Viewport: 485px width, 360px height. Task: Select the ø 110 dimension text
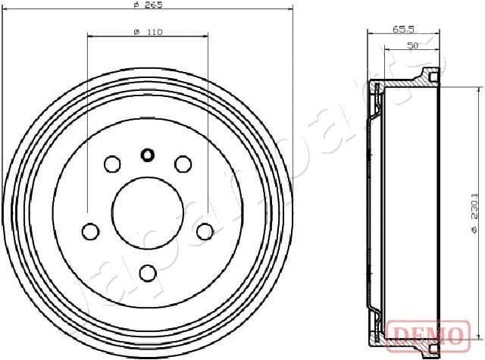(148, 32)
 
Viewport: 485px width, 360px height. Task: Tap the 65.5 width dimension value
(402, 29)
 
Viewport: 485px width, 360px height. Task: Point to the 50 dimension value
(412, 45)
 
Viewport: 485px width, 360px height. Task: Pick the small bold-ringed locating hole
(148, 155)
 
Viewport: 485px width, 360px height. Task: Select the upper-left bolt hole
(112, 164)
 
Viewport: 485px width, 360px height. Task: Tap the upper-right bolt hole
(183, 164)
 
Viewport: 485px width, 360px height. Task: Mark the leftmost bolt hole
(91, 230)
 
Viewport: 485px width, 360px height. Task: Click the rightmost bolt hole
(205, 230)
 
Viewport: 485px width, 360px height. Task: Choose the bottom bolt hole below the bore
(148, 272)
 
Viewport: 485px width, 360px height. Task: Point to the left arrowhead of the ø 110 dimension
(90, 36)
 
